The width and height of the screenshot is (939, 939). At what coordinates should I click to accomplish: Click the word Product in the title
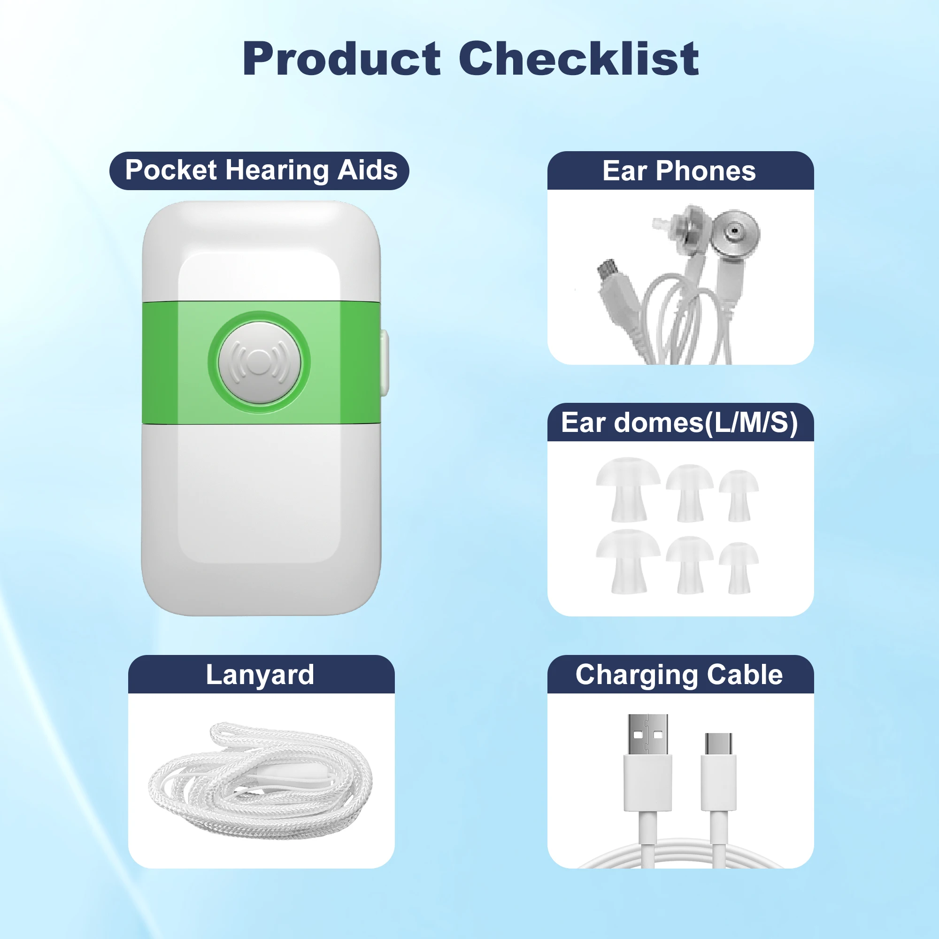pyautogui.click(x=342, y=59)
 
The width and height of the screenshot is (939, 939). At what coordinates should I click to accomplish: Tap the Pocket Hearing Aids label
pyautogui.click(x=261, y=170)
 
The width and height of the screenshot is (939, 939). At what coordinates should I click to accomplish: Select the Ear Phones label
pyautogui.click(x=679, y=170)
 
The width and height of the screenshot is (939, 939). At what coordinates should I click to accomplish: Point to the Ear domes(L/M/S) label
pyautogui.click(x=679, y=423)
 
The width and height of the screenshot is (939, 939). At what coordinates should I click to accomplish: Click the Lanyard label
pyautogui.click(x=260, y=675)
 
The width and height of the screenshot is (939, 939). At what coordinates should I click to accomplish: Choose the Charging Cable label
pyautogui.click(x=679, y=675)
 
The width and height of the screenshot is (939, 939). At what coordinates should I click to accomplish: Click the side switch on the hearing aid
pyautogui.click(x=385, y=362)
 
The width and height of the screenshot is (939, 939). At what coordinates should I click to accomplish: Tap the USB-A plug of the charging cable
pyautogui.click(x=648, y=762)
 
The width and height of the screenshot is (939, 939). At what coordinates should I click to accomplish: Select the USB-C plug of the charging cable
pyautogui.click(x=719, y=772)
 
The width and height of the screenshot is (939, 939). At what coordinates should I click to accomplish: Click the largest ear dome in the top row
pyautogui.click(x=628, y=489)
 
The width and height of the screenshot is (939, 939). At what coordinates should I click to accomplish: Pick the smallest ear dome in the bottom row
pyautogui.click(x=739, y=568)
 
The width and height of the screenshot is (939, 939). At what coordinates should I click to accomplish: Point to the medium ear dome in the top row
pyautogui.click(x=690, y=493)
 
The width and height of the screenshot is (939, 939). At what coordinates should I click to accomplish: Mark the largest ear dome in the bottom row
pyautogui.click(x=628, y=562)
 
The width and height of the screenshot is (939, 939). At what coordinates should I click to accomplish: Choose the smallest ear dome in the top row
pyautogui.click(x=739, y=496)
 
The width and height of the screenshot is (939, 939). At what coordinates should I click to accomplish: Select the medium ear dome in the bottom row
pyautogui.click(x=690, y=565)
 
